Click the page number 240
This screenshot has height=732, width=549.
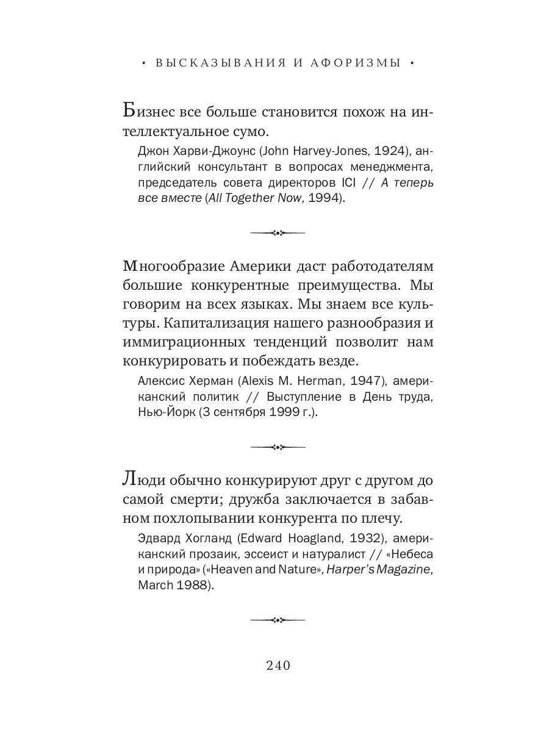coord(278,665)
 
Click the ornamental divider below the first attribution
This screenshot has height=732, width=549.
coord(278,232)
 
